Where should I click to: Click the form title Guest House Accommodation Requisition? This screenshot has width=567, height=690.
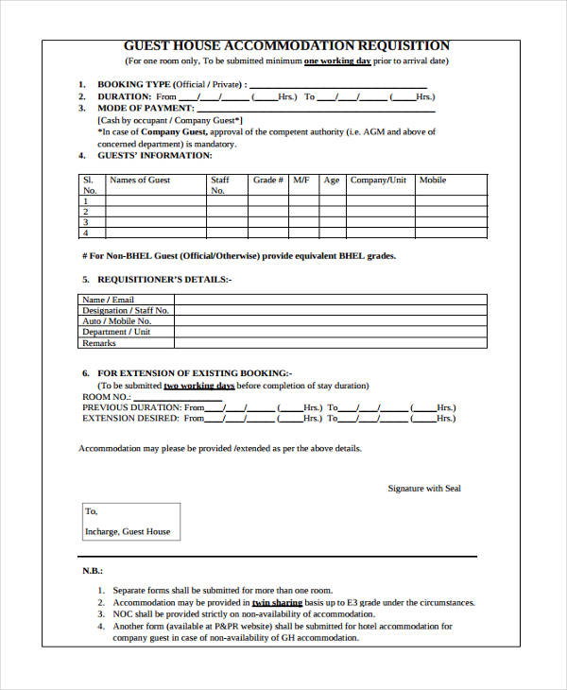pos(287,45)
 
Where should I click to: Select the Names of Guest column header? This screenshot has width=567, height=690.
pos(140,180)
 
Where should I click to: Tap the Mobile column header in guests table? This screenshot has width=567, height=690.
pos(433,180)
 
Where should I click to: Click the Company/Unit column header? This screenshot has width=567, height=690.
pos(378,180)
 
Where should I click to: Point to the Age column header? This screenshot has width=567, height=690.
pos(331,180)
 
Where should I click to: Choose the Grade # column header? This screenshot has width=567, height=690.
pos(268,180)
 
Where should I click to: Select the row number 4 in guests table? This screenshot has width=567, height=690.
pos(86,233)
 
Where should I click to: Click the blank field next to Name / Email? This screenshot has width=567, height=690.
pos(330,300)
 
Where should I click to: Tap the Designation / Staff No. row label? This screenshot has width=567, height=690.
pos(126,310)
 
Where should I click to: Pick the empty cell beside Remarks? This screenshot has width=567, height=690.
pos(330,343)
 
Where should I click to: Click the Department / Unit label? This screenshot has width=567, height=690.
pos(116,332)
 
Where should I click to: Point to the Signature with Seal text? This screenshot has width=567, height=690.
pos(424,489)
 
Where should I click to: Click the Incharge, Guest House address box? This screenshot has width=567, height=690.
pos(129,522)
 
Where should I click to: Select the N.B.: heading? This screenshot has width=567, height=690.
pos(93,572)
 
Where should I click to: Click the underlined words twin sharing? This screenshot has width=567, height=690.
pos(277,602)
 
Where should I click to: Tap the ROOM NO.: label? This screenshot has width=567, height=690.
pos(105,396)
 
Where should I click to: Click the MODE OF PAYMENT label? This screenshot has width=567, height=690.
pos(147,108)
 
